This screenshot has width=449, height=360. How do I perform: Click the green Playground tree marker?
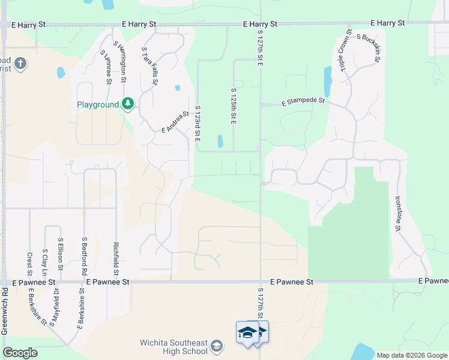pyautogui.click(x=127, y=104)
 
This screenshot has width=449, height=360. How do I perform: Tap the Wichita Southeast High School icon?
pyautogui.click(x=217, y=346)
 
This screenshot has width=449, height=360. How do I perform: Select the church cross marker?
pyautogui.click(x=20, y=64)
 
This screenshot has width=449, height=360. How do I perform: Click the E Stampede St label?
pyautogui.click(x=303, y=103)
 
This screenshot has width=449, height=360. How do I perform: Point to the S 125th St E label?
pyautogui.click(x=234, y=107)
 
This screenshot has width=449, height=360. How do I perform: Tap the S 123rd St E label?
pyautogui.click(x=197, y=124)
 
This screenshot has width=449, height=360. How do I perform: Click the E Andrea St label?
pyautogui.click(x=175, y=122)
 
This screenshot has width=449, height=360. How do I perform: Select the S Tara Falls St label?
pyautogui.click(x=150, y=65)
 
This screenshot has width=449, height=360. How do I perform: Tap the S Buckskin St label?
pyautogui.click(x=369, y=49)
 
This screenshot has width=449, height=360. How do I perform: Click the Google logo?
pyautogui.click(x=20, y=353)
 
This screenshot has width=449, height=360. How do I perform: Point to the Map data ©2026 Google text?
pyautogui.click(x=411, y=355)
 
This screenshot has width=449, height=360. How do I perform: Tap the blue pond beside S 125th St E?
pyautogui.click(x=220, y=142)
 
